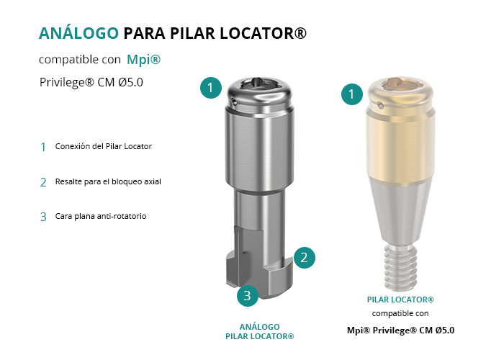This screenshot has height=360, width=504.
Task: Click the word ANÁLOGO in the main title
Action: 78,33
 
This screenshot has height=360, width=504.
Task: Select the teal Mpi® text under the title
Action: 144,60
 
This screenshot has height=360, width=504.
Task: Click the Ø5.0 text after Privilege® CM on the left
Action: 130,82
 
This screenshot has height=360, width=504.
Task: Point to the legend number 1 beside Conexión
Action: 43,147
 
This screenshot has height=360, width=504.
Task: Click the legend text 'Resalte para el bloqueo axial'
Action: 108,181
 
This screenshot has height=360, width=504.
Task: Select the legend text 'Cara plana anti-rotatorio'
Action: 101,216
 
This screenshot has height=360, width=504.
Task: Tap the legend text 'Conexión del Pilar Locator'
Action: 104,146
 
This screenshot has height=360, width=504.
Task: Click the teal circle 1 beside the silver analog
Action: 211,88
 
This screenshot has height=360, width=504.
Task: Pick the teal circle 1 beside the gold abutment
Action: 352,94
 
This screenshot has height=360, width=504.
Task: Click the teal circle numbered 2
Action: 304,258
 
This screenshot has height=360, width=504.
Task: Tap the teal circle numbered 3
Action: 248,296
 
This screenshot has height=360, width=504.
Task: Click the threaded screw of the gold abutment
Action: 400,266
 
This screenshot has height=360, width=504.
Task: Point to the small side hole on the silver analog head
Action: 235,103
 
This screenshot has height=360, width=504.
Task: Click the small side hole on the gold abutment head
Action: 381,105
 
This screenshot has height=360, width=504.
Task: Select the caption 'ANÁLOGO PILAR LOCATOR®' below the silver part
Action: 260,332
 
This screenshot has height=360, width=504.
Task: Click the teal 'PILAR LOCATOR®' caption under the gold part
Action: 400,300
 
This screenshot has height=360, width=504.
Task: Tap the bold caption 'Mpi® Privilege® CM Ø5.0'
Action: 400,330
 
